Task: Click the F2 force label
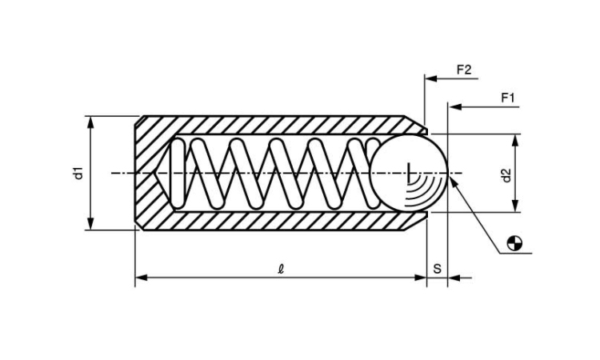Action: [464, 70]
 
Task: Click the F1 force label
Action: [508, 98]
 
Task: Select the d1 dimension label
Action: [78, 174]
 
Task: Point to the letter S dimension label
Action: [437, 269]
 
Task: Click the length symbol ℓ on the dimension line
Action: [282, 270]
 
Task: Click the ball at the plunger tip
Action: [408, 173]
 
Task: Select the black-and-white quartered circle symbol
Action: [514, 243]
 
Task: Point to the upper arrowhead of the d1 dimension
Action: [90, 122]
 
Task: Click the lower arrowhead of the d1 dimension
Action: [90, 223]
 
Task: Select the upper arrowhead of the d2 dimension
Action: [515, 141]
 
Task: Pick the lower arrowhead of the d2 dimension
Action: [515, 206]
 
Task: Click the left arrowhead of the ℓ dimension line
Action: [141, 278]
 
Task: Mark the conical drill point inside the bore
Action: [162, 173]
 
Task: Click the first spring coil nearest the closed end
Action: [178, 173]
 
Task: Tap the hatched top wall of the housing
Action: [282, 125]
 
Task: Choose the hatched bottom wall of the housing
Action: [282, 221]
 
